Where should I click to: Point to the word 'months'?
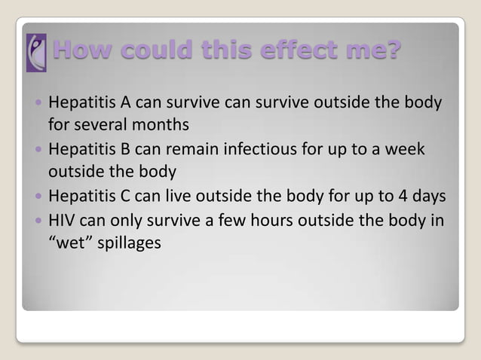(x=163, y=123)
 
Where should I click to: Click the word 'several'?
(x=104, y=123)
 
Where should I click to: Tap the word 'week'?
(x=407, y=149)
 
